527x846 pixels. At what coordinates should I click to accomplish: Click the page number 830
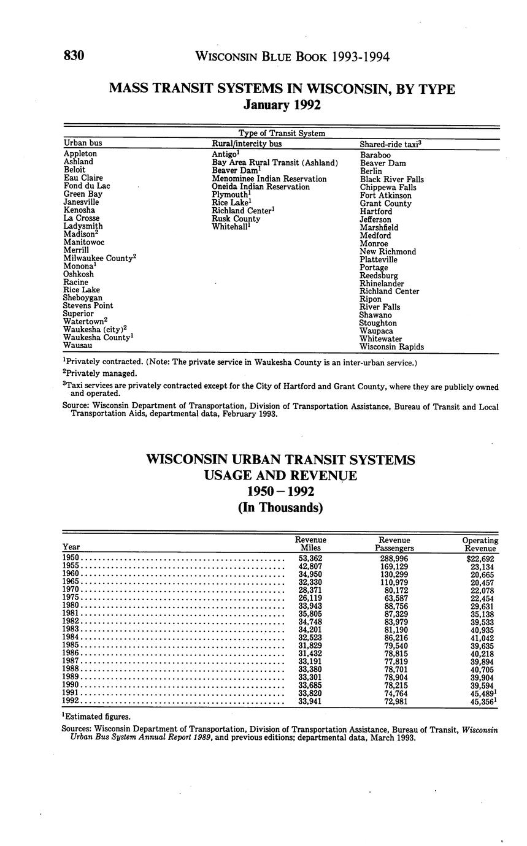pyautogui.click(x=74, y=56)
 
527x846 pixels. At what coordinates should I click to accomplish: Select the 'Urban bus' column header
pyautogui.click(x=83, y=143)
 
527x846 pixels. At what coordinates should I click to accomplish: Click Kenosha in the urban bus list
pyautogui.click(x=79, y=210)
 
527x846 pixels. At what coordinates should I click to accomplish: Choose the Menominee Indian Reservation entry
pyautogui.click(x=269, y=178)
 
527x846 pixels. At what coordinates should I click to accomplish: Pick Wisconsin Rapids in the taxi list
pyautogui.click(x=391, y=346)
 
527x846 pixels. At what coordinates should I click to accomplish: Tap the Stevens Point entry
pyautogui.click(x=88, y=305)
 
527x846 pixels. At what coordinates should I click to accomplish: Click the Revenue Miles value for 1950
pyautogui.click(x=310, y=558)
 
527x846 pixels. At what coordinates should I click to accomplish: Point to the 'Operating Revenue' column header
pyautogui.click(x=480, y=544)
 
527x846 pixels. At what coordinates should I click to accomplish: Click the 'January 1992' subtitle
pyautogui.click(x=282, y=105)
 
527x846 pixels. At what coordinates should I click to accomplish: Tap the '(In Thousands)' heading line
pyautogui.click(x=282, y=508)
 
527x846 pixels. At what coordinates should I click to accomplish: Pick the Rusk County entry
pyautogui.click(x=236, y=218)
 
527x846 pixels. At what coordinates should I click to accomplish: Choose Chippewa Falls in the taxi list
pyautogui.click(x=388, y=187)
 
